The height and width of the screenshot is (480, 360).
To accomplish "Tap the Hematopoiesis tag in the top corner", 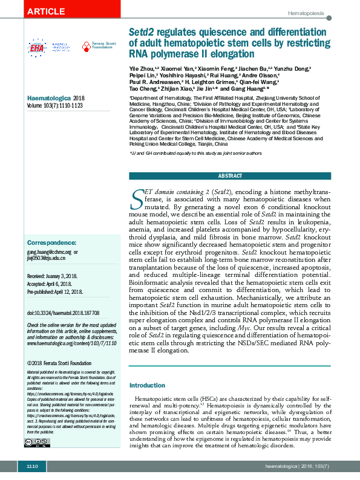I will coord(306,13).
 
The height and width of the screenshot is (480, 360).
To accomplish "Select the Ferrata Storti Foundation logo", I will coord(97,46).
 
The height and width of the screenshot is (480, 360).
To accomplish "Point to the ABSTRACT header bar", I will coord(230,176).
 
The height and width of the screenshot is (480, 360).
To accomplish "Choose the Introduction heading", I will coord(148,385).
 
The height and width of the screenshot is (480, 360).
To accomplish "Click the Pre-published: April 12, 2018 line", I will coord(54,291).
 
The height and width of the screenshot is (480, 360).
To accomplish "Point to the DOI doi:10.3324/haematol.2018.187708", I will coord(63,313).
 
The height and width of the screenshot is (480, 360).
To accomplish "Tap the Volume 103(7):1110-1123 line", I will coord(55,105).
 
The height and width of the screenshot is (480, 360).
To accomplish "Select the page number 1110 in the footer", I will coord(32,467).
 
